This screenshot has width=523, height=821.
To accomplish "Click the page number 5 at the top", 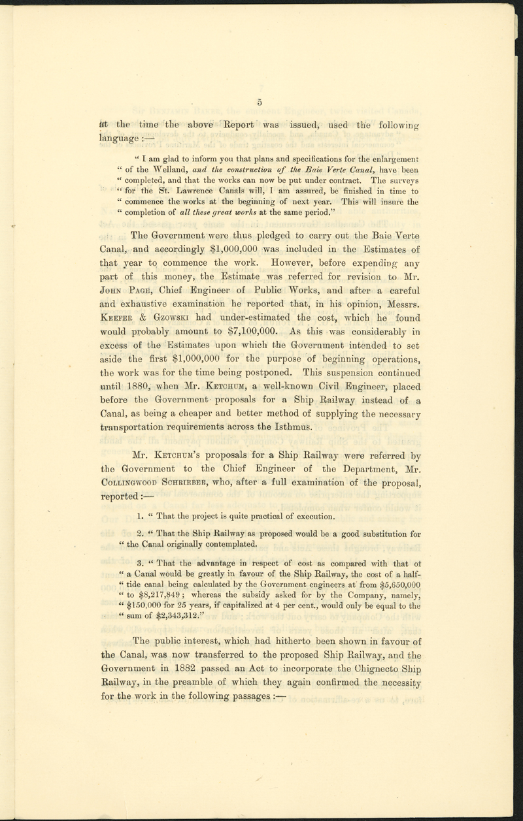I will [260, 102].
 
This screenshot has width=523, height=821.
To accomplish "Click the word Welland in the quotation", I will [174, 170].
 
